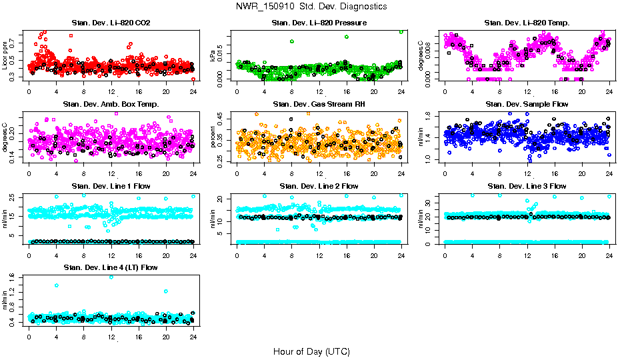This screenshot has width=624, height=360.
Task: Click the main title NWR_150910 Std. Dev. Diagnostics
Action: [311, 7]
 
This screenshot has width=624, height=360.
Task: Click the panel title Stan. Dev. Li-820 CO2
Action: [111, 23]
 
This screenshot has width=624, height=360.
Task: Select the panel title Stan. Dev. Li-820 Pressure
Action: [319, 23]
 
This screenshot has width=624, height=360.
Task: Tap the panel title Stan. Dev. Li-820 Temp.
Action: [527, 23]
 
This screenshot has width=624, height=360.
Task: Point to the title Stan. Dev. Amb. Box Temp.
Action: [111, 105]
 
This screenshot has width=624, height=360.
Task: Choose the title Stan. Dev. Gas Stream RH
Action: [319, 105]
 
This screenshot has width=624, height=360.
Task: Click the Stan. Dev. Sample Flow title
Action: [527, 105]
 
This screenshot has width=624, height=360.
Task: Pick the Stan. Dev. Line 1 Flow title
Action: [111, 186]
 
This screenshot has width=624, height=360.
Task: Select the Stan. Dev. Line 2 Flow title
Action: [319, 186]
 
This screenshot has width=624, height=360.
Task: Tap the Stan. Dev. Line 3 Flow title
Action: [527, 186]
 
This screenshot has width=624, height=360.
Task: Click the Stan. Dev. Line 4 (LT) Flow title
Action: [111, 267]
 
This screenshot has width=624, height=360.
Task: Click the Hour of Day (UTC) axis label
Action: [311, 351]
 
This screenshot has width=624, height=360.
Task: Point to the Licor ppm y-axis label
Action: [5, 56]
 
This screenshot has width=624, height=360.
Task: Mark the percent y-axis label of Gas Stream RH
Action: [213, 137]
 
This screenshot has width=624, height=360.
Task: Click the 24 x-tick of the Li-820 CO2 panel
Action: [193, 91]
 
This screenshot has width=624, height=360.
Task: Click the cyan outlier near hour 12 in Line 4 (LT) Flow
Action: [111, 277]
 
